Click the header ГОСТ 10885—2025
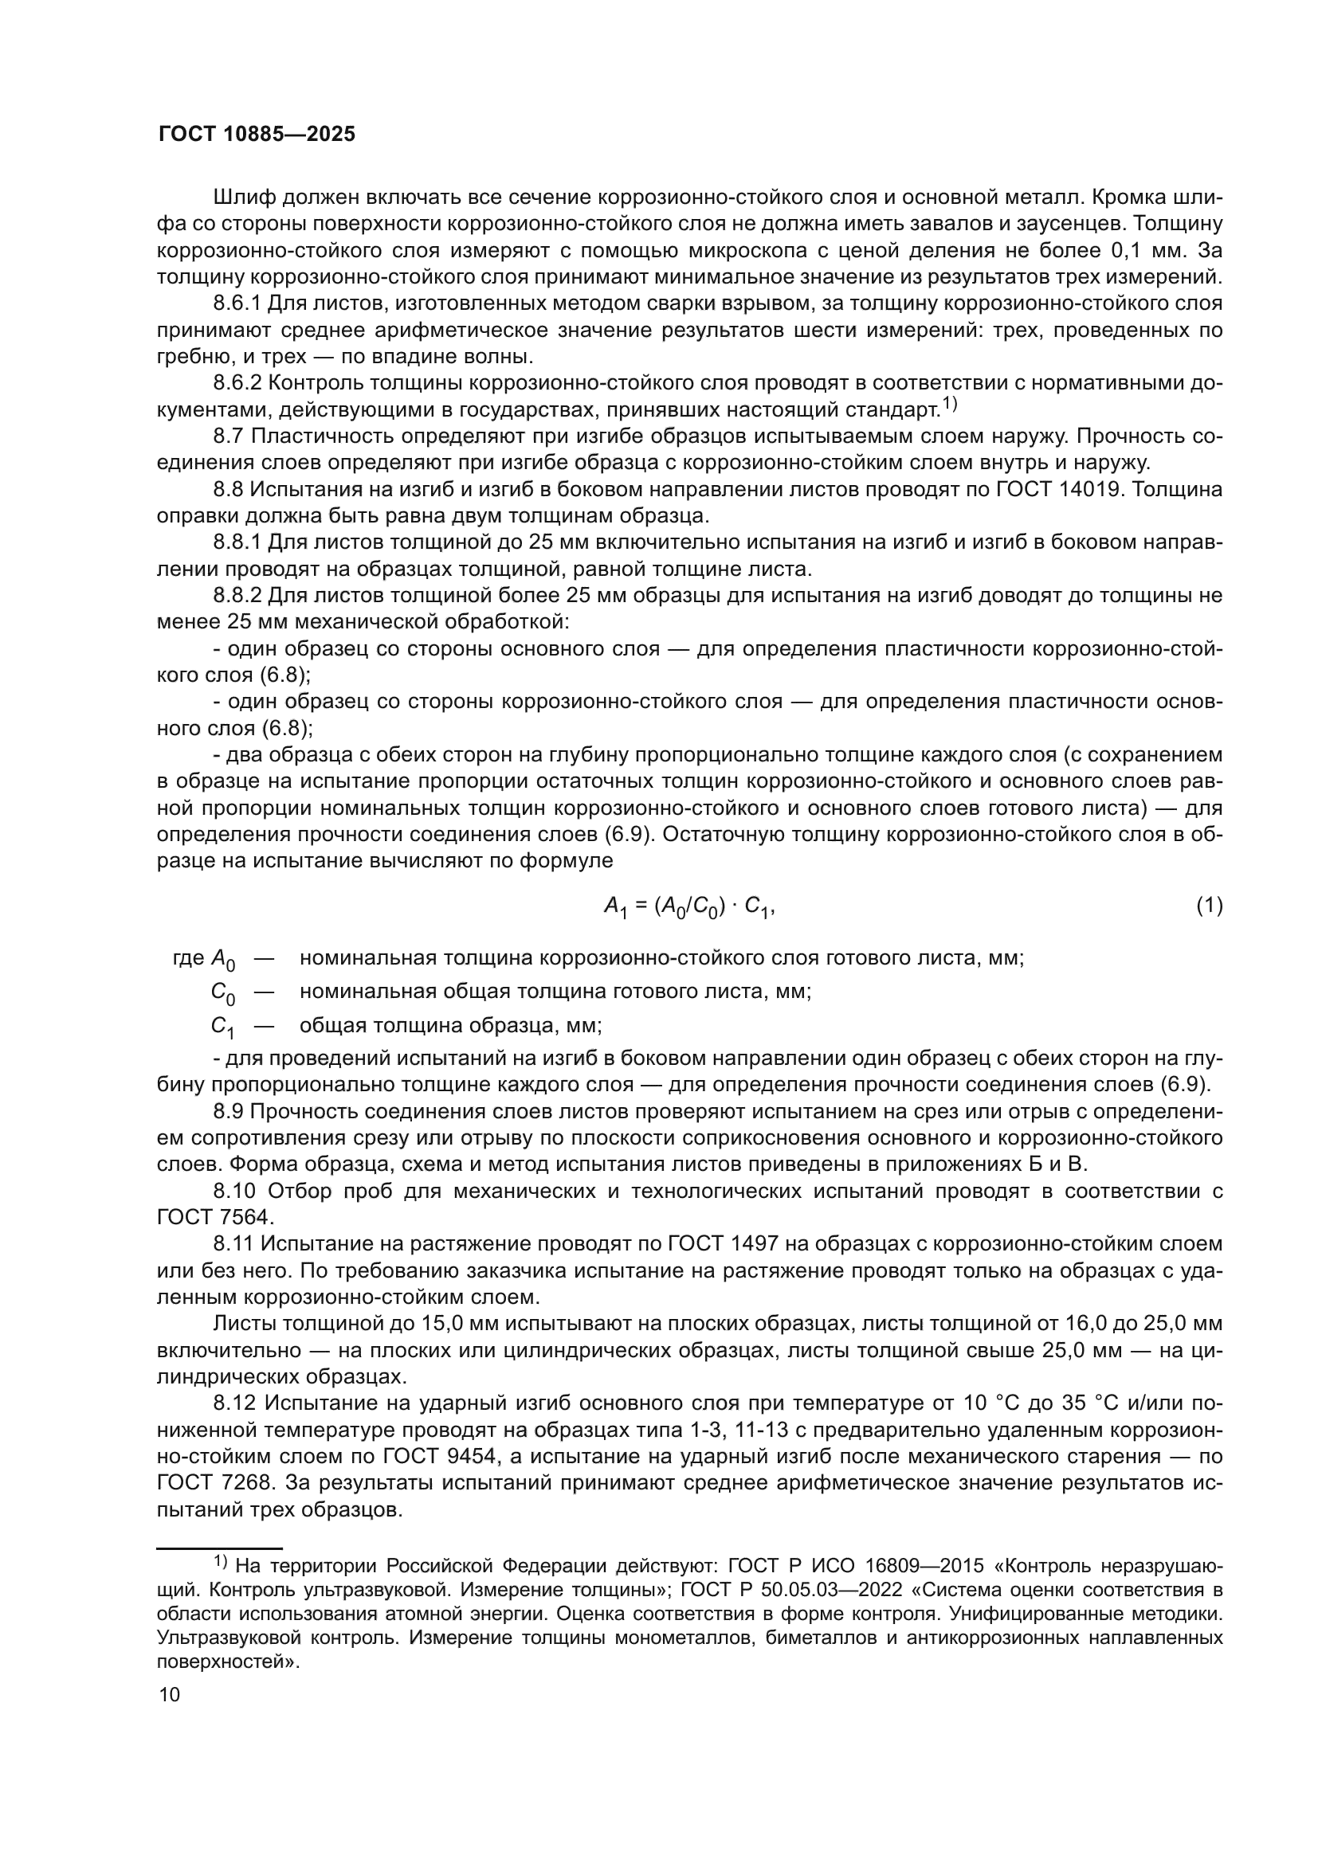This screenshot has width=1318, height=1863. (x=257, y=135)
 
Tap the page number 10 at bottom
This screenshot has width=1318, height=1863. (x=170, y=1693)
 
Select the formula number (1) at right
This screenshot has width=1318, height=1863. (x=1210, y=906)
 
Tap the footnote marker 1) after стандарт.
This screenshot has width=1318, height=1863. (x=950, y=404)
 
